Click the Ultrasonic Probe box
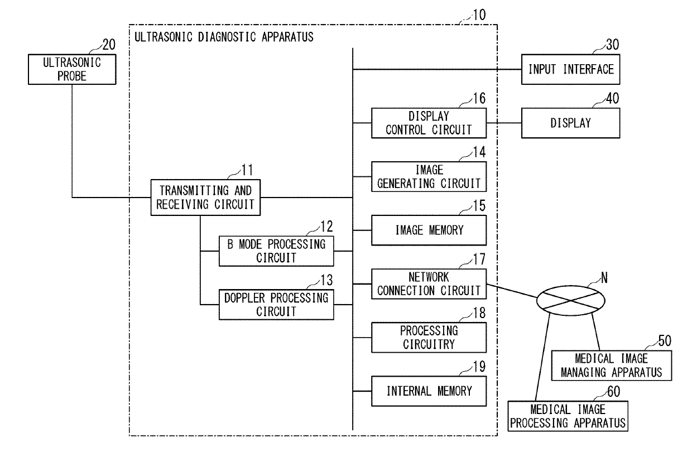[x=72, y=69]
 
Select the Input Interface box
[x=570, y=69]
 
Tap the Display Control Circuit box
[x=429, y=123]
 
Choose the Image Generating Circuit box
[x=429, y=177]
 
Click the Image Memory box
[x=429, y=230]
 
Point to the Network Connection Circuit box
[x=429, y=284]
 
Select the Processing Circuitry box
[x=429, y=338]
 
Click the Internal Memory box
[x=429, y=391]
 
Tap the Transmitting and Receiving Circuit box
[x=205, y=198]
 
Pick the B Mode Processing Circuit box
[x=276, y=251]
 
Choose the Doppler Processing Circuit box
[x=276, y=305]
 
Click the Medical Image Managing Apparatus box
[x=612, y=366]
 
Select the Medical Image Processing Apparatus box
[x=568, y=416]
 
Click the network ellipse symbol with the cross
[x=570, y=301]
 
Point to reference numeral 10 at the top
[x=479, y=15]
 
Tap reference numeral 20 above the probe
[x=109, y=45]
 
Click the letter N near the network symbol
[x=604, y=278]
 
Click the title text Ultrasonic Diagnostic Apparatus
[x=224, y=37]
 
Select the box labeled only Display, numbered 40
[x=570, y=123]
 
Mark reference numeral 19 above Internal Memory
[x=479, y=367]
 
